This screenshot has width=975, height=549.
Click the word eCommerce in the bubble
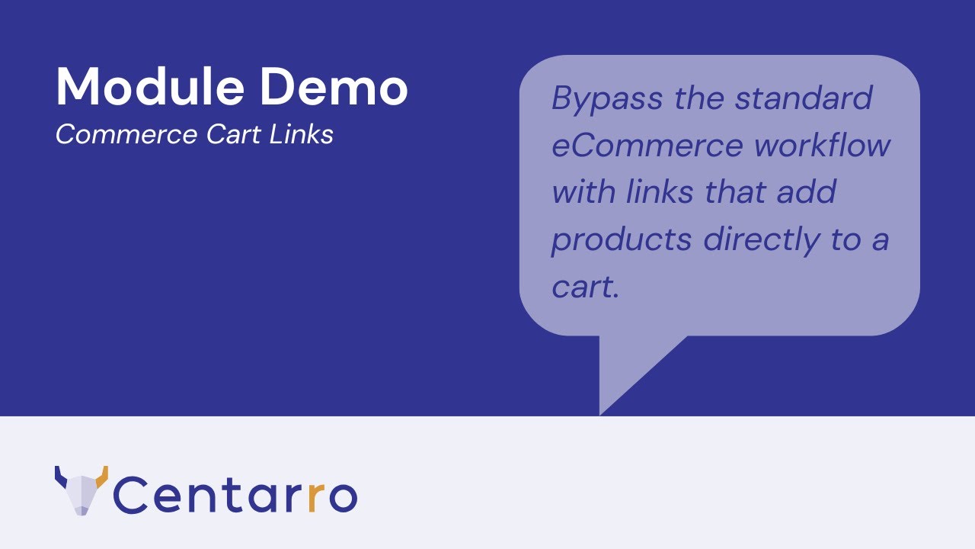(647, 146)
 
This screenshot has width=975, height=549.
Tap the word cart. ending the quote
(584, 287)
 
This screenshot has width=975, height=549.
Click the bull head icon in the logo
(81, 491)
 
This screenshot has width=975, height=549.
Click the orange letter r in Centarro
(318, 496)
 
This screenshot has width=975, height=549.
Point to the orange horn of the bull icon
(102, 475)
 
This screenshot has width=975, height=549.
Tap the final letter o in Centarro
(342, 496)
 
